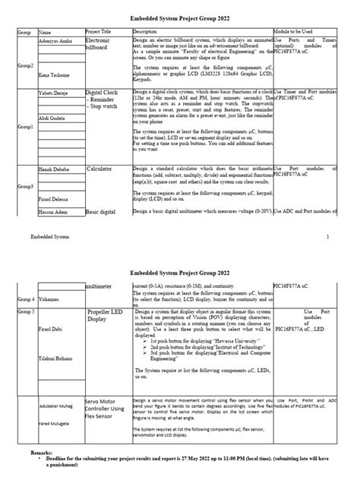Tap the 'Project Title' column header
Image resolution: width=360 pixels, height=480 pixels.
(x=100, y=32)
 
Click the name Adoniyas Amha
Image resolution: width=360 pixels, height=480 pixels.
(x=54, y=39)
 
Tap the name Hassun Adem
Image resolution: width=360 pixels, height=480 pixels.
(x=53, y=210)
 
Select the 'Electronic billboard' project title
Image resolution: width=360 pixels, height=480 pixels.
(x=99, y=43)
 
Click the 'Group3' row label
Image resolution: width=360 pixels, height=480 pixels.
(x=26, y=186)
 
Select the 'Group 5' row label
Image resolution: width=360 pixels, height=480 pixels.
(x=26, y=311)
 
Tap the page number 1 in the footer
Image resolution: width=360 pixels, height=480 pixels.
(x=327, y=237)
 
